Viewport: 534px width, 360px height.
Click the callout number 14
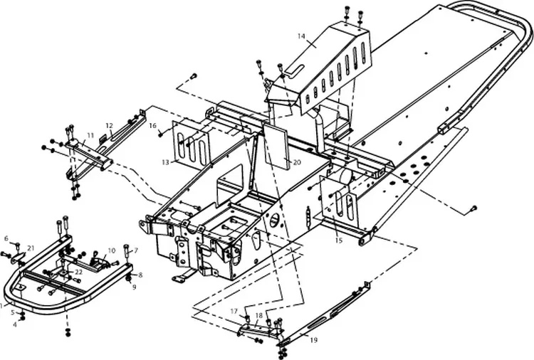coord(301,36)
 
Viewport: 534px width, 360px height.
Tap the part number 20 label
coord(297,162)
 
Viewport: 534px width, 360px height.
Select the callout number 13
coord(165,163)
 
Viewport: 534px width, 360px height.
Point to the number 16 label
coord(152,126)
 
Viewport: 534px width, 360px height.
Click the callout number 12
coord(109,125)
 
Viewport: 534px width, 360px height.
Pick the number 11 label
coord(90,135)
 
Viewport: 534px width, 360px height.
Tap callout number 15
coord(338,240)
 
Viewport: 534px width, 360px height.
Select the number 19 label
coord(314,339)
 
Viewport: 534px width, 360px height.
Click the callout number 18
coord(259,315)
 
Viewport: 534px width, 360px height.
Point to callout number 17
coord(234,311)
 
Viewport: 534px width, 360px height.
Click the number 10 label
coord(112,250)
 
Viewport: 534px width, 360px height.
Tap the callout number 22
coord(78,272)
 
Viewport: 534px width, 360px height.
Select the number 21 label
coord(31,248)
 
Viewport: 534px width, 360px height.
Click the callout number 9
coord(134,287)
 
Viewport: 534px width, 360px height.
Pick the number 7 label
coord(136,250)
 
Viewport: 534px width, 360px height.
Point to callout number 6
coord(6,238)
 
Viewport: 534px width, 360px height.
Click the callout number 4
coord(15,324)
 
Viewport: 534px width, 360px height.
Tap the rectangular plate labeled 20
coord(276,146)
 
